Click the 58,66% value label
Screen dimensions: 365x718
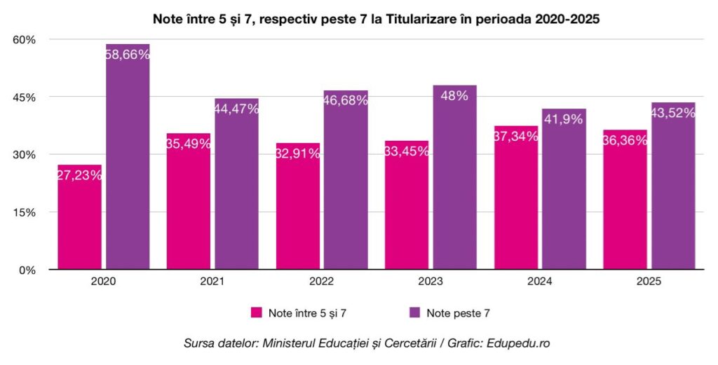click(x=128, y=54)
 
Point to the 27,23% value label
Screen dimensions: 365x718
click(x=79, y=176)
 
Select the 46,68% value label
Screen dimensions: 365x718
click(x=345, y=100)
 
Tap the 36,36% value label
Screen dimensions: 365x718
click(x=625, y=140)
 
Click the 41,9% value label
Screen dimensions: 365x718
click(x=563, y=119)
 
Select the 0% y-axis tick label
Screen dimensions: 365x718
click(x=27, y=270)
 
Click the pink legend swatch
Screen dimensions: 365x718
click(x=257, y=312)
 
